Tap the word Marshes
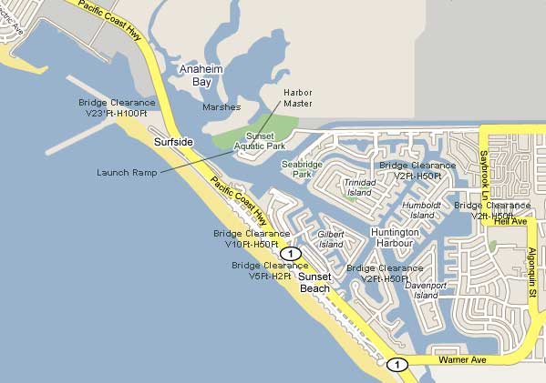click(x=221, y=106)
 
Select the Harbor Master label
click(x=297, y=98)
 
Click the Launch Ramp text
click(x=127, y=172)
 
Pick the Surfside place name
click(x=173, y=143)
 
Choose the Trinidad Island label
click(x=358, y=187)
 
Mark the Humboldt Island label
click(x=422, y=210)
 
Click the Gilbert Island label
click(x=330, y=239)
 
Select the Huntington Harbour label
click(x=383, y=238)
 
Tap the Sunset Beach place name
click(x=315, y=282)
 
